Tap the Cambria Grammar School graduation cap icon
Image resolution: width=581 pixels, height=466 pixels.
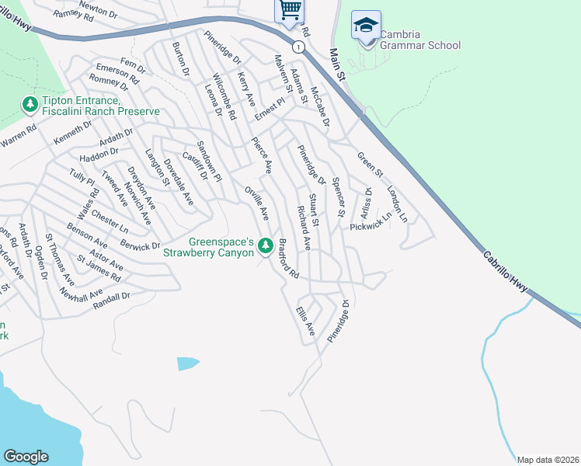click(366, 25)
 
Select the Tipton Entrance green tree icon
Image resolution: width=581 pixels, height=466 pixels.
click(30, 103)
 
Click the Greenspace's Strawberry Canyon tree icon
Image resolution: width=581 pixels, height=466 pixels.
click(264, 245)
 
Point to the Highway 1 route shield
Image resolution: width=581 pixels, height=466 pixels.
click(298, 47)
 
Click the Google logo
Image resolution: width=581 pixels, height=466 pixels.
click(26, 457)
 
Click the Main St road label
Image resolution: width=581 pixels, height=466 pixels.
click(336, 64)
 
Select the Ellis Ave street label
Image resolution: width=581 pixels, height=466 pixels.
click(304, 321)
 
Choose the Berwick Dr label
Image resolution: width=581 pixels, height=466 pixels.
click(140, 245)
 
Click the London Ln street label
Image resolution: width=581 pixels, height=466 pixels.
click(397, 204)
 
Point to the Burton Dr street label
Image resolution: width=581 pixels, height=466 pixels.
click(181, 59)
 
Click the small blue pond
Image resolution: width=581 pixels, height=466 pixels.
click(187, 363)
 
